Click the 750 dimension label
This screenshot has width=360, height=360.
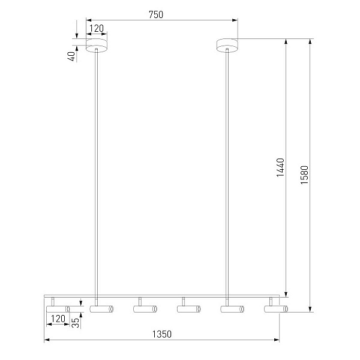pyautogui.click(x=156, y=14)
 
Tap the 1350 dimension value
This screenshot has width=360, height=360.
pyautogui.click(x=162, y=334)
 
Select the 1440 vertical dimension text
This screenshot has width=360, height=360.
pyautogui.click(x=280, y=167)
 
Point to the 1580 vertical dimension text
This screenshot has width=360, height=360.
pyautogui.click(x=304, y=175)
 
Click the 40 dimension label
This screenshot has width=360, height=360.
pyautogui.click(x=71, y=56)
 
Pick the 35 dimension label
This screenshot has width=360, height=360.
pyautogui.click(x=75, y=323)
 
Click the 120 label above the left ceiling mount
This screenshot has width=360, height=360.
pyautogui.click(x=97, y=28)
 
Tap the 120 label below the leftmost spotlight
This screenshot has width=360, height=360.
pyautogui.click(x=58, y=319)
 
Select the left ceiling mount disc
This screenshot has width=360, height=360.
pyautogui.click(x=97, y=45)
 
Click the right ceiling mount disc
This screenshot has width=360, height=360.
pyautogui.click(x=227, y=45)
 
